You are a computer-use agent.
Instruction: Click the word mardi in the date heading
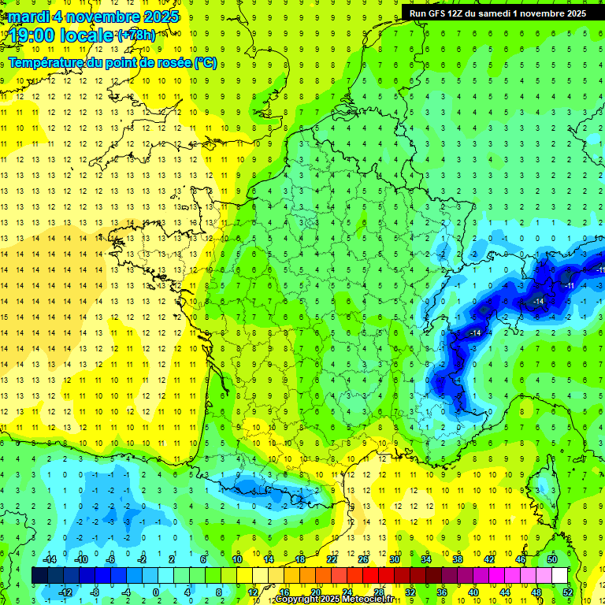pos(28,17)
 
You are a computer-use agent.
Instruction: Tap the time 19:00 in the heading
pos(35,35)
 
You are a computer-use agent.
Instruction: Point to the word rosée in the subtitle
pos(173,62)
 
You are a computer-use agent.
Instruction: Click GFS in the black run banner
pos(441,13)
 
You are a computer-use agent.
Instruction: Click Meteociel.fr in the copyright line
pos(363,599)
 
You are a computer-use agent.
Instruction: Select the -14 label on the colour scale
pos(52,559)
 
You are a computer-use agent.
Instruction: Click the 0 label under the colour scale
pos(155,592)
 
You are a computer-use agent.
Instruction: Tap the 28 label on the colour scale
pos(378,592)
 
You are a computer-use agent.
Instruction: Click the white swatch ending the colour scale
pos(560,576)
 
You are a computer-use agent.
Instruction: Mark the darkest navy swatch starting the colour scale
pos(39,576)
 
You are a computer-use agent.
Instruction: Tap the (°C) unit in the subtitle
pos(205,62)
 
